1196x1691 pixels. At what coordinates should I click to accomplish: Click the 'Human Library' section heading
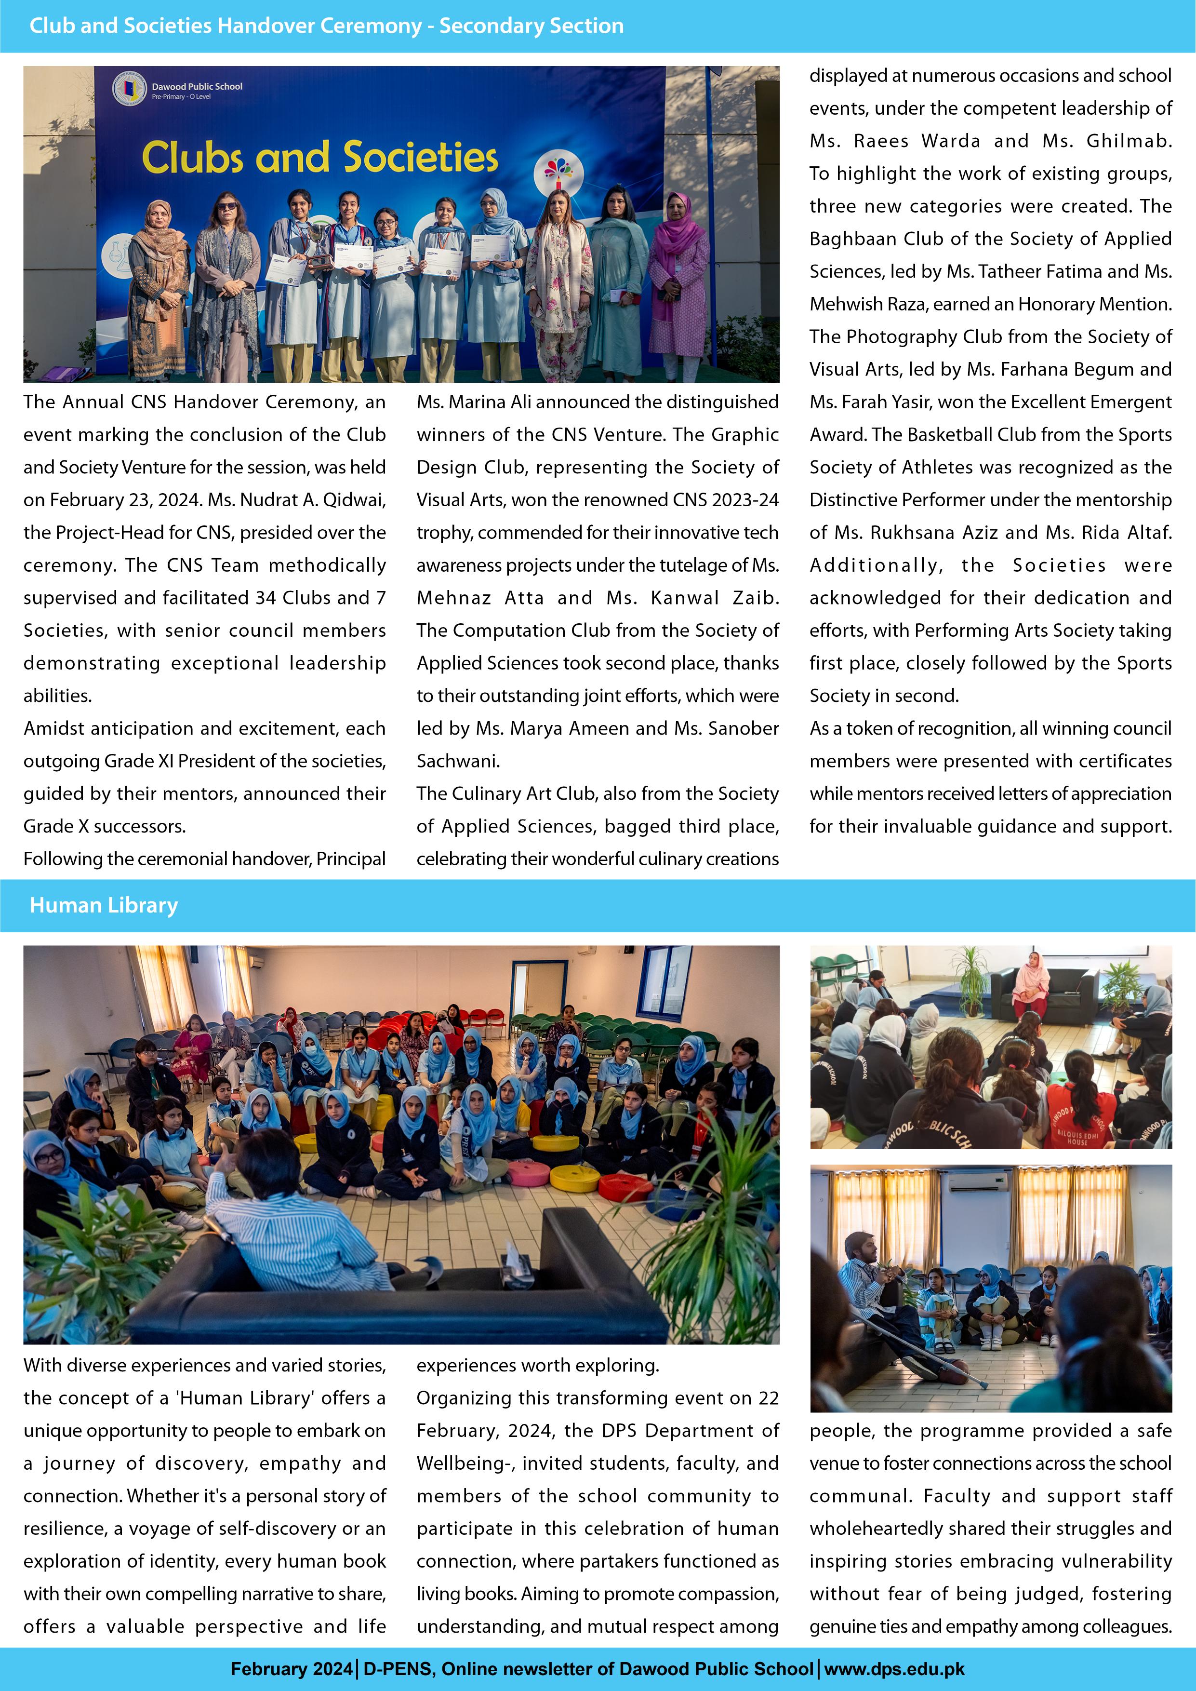point(104,905)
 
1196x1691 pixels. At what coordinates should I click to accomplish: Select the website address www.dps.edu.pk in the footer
point(894,1669)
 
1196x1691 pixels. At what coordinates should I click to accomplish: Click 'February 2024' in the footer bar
point(292,1669)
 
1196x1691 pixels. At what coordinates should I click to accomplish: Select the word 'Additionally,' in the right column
point(876,565)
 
